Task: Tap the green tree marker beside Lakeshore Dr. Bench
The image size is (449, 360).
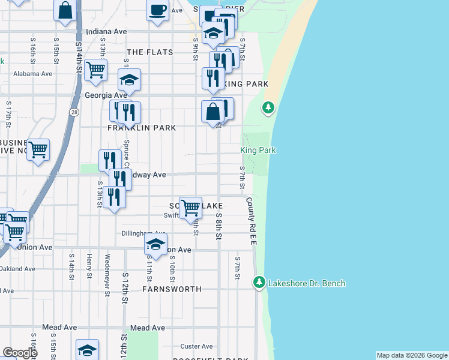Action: (x=259, y=281)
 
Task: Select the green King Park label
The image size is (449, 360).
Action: (x=258, y=150)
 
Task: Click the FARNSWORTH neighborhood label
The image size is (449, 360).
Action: (x=172, y=289)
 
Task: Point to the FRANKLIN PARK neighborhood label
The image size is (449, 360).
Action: (x=142, y=128)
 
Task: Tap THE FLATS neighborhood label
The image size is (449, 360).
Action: (x=149, y=52)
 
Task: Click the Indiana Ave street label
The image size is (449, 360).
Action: (x=106, y=31)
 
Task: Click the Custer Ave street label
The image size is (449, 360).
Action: (x=197, y=346)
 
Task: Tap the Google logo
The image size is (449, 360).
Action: (x=19, y=353)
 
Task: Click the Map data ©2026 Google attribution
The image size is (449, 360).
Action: (x=412, y=355)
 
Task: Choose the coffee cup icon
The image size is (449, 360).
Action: (x=158, y=11)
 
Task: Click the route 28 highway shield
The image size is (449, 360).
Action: (x=73, y=112)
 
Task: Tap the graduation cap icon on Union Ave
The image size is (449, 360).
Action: (x=155, y=245)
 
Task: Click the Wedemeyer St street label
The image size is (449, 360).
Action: (x=107, y=275)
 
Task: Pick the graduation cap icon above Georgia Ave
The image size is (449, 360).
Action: (x=129, y=80)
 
